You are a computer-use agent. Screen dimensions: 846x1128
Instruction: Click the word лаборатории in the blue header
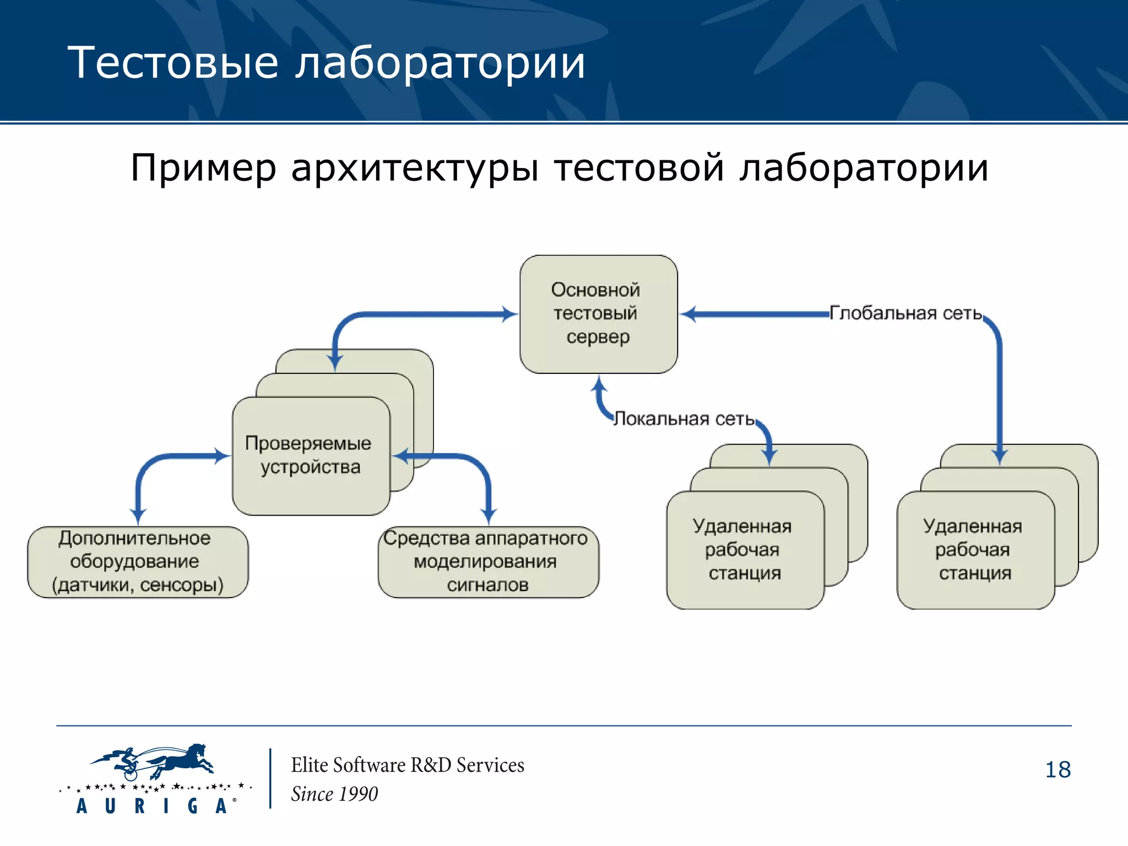[440, 63]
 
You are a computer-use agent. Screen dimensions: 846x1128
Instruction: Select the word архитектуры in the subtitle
[414, 167]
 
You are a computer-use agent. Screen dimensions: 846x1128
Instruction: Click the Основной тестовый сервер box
[598, 314]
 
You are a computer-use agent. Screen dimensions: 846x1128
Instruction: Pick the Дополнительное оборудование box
[138, 562]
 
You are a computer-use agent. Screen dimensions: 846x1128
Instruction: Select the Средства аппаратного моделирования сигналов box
[488, 562]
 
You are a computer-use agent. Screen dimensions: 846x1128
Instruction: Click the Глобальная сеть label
[905, 313]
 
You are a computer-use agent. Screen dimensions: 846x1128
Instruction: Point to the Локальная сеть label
[684, 419]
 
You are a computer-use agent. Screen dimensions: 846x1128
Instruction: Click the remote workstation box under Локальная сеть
[745, 550]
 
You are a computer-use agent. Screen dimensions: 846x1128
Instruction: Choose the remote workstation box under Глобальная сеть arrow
[975, 550]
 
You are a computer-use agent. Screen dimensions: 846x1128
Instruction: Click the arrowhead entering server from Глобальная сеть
[688, 314]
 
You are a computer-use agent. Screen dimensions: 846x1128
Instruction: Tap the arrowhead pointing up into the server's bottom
[599, 383]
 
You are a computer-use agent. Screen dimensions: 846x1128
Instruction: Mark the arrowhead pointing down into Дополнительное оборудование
[138, 516]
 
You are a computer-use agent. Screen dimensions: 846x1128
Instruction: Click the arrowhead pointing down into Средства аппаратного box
[489, 516]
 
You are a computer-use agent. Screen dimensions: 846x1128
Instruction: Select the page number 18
[1057, 769]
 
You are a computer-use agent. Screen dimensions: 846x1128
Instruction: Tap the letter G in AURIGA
[192, 806]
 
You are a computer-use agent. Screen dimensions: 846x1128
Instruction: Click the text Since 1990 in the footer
[334, 794]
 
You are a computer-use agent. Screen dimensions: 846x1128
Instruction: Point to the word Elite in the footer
[310, 765]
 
